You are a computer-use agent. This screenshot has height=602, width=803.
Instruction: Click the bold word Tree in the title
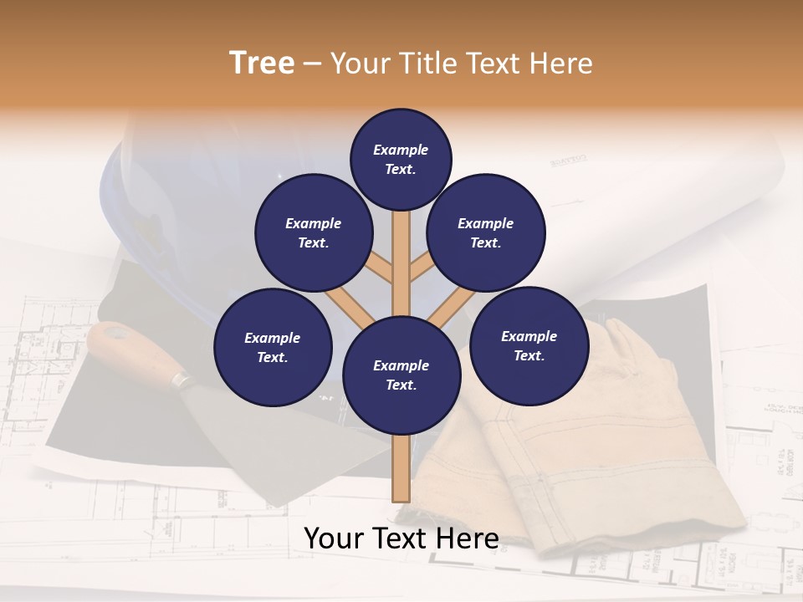(x=262, y=63)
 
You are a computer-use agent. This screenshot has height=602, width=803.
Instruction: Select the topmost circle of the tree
(x=401, y=159)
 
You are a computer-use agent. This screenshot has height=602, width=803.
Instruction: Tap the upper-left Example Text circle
(x=313, y=232)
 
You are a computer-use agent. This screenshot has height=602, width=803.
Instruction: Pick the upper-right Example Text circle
(x=486, y=232)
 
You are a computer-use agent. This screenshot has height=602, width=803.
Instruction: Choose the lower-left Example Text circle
(x=273, y=347)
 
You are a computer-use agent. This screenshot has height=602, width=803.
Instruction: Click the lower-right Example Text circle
(x=529, y=345)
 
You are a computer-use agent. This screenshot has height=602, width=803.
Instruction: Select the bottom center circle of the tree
(x=401, y=375)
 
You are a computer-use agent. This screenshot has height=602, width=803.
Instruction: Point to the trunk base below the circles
(x=401, y=472)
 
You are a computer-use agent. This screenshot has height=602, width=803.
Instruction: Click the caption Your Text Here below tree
(x=401, y=538)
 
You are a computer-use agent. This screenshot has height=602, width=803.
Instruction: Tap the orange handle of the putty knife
(x=126, y=346)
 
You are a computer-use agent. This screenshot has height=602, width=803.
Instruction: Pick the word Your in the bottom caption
(x=334, y=538)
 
